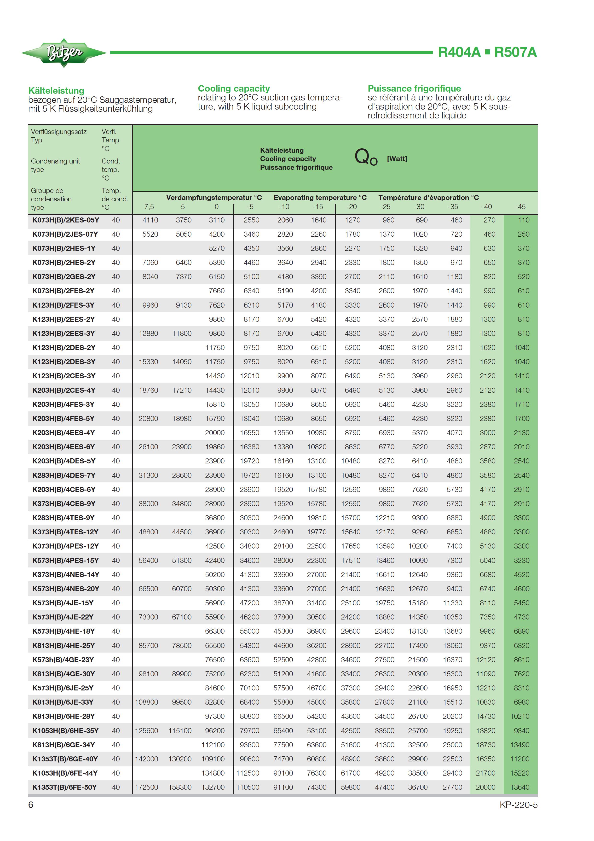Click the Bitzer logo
64,53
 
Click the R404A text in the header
459,52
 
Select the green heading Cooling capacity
233,89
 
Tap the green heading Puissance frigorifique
414,89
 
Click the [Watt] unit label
397,159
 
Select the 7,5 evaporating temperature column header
149,207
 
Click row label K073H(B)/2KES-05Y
65,220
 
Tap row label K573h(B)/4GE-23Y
63,660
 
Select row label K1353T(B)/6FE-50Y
64,787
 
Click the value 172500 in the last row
146,787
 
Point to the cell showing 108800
146,702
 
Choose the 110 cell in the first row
523,220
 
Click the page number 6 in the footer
31,805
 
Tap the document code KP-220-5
518,805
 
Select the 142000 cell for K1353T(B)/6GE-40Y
146,759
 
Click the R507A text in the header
515,52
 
